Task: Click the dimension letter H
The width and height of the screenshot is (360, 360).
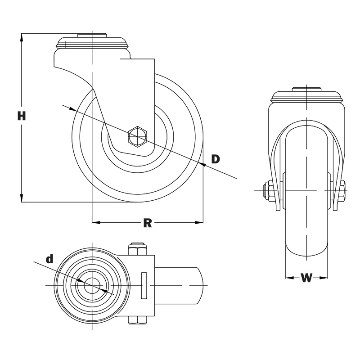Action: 22,116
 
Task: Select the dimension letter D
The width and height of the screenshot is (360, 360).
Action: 216,159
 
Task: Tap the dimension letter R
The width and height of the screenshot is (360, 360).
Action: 148,223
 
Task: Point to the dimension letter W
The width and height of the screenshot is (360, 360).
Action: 306,278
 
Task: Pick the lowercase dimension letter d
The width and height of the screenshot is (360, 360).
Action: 49,259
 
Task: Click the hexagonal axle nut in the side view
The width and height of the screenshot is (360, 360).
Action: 138,136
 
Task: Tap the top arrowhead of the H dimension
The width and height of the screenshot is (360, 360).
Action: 22,38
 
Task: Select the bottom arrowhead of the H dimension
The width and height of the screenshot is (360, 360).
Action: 22,198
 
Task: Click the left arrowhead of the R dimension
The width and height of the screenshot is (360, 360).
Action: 96,222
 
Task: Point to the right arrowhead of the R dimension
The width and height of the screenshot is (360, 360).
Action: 199,222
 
